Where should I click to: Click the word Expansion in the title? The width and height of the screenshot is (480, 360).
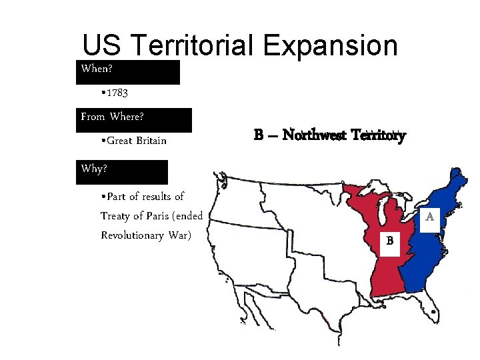pos(331,45)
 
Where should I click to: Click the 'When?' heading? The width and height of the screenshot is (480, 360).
pos(97,69)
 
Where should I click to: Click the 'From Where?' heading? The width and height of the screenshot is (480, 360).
pos(113,117)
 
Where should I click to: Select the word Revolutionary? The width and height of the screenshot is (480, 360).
pos(133,235)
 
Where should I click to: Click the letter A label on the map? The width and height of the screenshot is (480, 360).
pos(430,217)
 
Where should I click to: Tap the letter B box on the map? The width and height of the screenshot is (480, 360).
pos(389,240)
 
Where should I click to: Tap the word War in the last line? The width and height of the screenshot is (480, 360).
pos(179,235)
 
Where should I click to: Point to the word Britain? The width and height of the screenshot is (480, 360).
pos(151,141)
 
